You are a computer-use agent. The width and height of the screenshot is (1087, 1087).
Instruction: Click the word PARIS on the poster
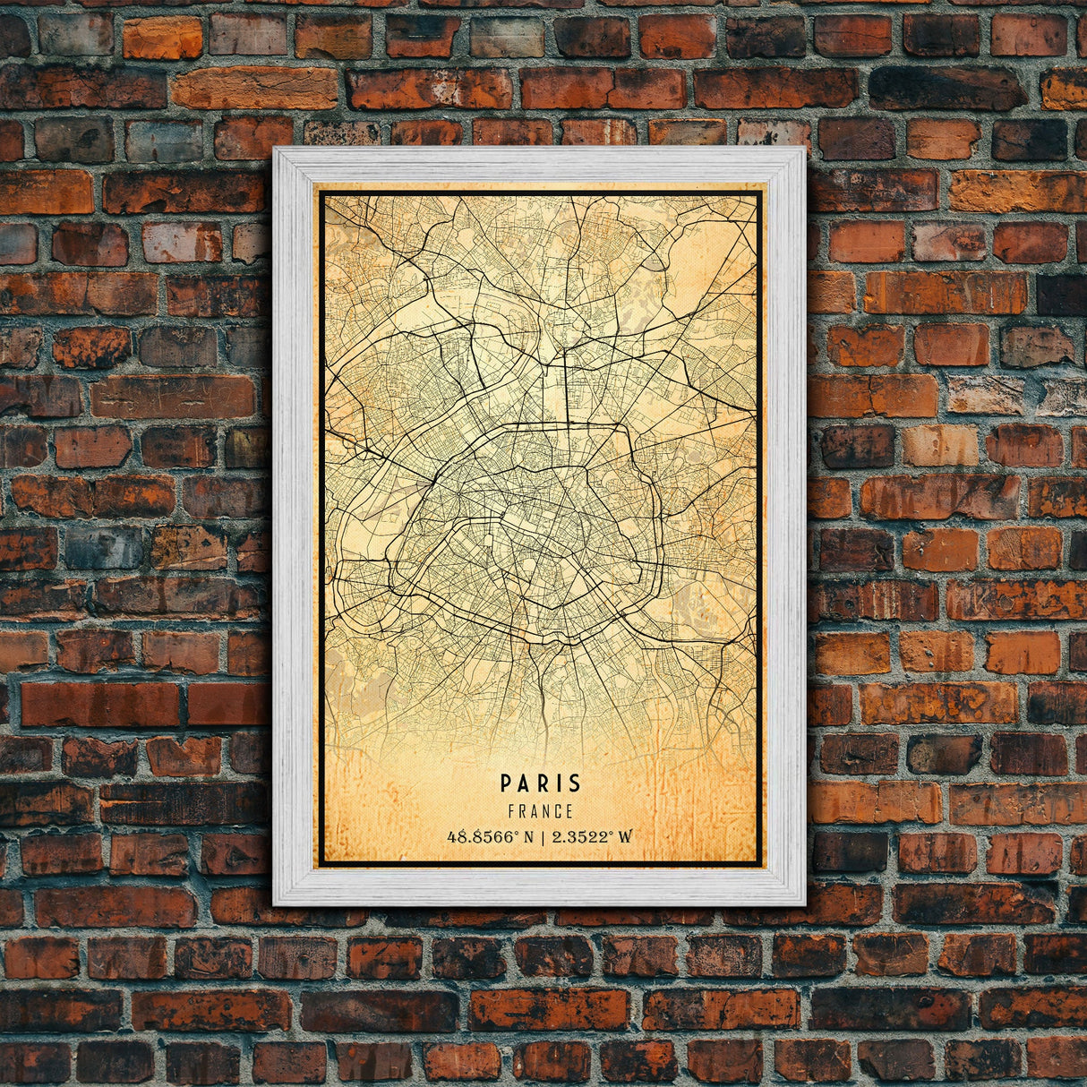coord(541,783)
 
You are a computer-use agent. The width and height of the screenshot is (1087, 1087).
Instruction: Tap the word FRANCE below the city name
coord(540,812)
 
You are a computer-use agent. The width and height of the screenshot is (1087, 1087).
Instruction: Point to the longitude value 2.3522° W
coord(592,837)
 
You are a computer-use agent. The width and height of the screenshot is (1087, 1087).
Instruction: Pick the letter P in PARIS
coord(507,783)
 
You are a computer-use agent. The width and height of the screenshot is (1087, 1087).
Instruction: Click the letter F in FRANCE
coord(510,812)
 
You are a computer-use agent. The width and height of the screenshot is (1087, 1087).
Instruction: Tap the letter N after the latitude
coord(527,837)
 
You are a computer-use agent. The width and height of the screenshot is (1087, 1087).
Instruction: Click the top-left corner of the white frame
coord(275,150)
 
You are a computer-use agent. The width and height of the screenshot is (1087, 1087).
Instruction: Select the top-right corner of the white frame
coord(804,150)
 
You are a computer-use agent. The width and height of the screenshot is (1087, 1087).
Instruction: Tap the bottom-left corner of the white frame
coord(275,903)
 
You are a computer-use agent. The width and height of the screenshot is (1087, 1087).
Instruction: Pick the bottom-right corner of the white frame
coord(804,903)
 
